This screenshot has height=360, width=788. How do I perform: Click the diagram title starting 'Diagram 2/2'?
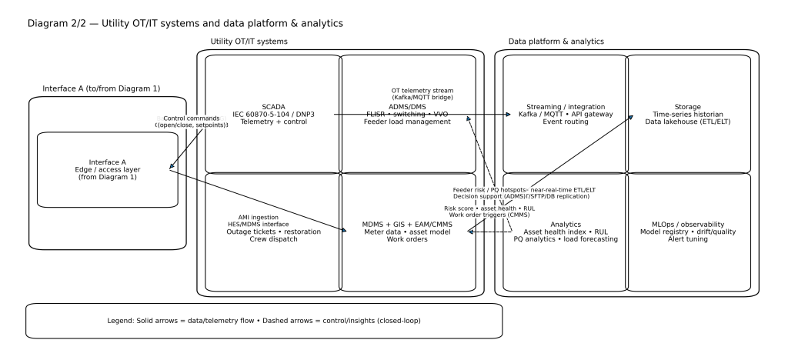tap(185, 24)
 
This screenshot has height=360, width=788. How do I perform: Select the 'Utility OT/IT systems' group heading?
tap(249, 41)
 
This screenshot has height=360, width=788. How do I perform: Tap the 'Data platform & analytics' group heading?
tap(556, 41)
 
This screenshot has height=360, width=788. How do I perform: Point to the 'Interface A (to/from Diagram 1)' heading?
tap(102, 88)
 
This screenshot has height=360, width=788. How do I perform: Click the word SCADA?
tap(272, 106)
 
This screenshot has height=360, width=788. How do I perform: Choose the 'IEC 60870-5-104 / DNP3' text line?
tap(272, 114)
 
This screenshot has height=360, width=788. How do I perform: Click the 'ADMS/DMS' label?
tap(408, 106)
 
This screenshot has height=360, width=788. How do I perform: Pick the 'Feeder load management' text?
tap(408, 122)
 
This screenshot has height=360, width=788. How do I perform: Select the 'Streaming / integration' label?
tap(566, 106)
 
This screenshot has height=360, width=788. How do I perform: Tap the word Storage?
tap(689, 106)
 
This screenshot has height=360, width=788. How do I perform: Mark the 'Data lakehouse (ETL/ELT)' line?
tap(689, 122)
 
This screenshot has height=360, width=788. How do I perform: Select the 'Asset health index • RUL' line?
tap(566, 232)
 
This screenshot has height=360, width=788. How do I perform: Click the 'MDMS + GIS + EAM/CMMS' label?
tap(408, 224)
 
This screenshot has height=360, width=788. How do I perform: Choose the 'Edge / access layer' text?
tap(108, 170)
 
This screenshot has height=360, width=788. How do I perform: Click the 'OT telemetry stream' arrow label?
tap(422, 90)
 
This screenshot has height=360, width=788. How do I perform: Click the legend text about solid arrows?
tap(264, 320)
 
